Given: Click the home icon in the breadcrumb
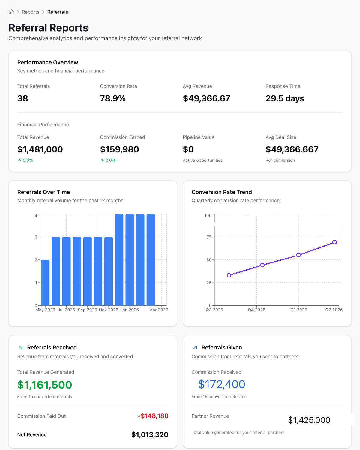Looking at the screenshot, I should (11, 12).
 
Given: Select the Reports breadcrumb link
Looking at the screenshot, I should (31, 12).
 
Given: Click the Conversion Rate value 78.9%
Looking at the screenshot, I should (113, 98).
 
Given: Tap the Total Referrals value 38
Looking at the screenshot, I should (22, 98).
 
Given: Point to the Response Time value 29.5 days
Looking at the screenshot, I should (285, 98).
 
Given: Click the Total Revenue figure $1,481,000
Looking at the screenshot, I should (40, 149).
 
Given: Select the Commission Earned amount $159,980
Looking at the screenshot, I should (119, 149).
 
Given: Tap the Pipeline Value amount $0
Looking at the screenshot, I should (188, 149).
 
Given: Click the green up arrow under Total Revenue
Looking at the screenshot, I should (19, 160).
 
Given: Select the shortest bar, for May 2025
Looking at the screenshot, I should (45, 283).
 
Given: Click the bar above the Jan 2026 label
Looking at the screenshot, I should (130, 260).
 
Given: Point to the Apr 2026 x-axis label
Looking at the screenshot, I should (159, 310).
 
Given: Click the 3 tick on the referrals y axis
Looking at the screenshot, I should (36, 237).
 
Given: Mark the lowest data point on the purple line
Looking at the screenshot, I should (229, 275).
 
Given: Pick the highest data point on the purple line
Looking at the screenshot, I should (334, 242).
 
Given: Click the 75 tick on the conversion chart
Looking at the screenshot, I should (209, 237).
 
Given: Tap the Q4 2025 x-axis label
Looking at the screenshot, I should (256, 310).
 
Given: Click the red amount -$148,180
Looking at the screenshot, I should (153, 416).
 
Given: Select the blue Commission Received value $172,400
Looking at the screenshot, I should (222, 384).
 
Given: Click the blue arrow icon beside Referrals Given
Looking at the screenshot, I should (195, 347).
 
